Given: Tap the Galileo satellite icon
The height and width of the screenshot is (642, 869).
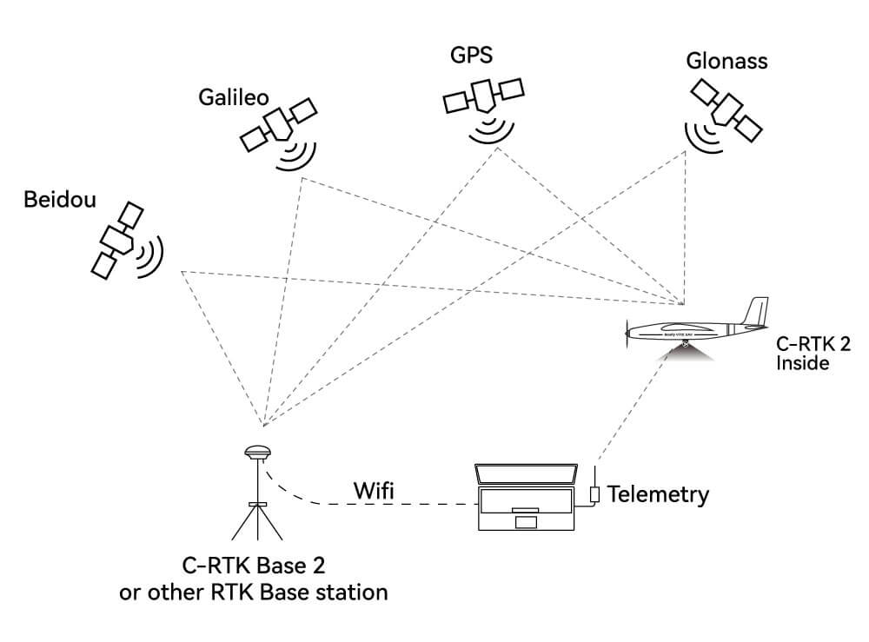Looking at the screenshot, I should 279,126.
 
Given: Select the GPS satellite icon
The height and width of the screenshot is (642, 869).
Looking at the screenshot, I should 482,97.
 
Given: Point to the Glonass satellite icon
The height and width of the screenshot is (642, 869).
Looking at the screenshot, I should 725,108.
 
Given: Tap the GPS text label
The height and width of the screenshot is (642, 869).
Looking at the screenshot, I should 471,55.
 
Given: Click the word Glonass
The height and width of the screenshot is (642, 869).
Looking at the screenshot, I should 726,62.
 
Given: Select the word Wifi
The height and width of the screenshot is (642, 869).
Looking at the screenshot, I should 373,490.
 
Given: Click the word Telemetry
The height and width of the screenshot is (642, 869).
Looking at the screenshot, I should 658,494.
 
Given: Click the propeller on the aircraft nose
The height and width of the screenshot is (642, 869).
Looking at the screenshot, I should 627,329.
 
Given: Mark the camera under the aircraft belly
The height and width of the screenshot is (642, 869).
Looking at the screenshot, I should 686,345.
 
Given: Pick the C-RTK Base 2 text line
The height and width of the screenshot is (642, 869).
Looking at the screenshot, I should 253,566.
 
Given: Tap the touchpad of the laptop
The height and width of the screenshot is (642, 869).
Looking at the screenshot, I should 526,522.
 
